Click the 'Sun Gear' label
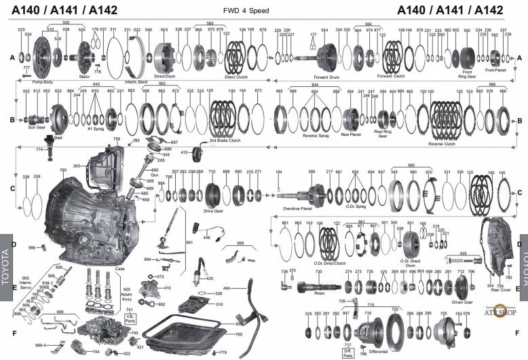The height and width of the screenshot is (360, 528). click(36, 126)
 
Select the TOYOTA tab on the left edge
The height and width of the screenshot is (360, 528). click(5, 262)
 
